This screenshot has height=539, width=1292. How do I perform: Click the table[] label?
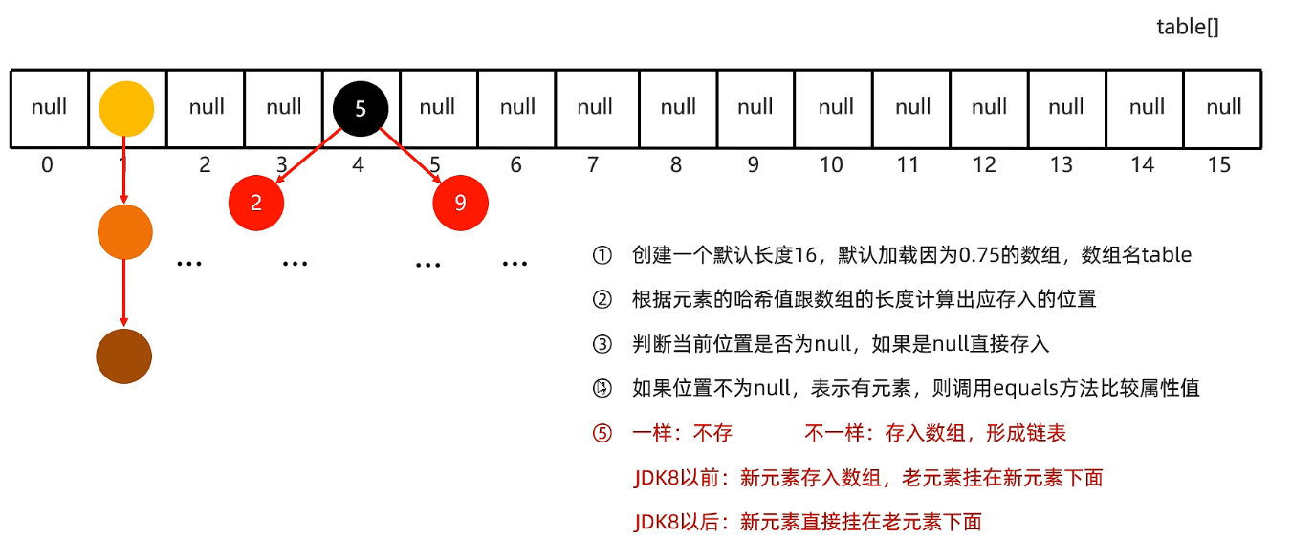point(1188,27)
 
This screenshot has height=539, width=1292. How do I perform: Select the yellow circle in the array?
point(126,109)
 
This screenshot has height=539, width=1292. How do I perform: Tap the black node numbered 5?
point(361,109)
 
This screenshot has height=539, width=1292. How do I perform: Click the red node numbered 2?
point(256,203)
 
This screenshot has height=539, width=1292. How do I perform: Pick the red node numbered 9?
point(460,203)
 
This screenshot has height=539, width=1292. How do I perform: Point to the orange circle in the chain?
point(125,231)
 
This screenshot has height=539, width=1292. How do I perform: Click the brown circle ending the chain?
point(124,356)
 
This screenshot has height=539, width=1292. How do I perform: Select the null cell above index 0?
point(50,109)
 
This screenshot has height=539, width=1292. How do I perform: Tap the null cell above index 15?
point(1223,109)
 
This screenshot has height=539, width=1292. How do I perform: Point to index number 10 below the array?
point(831,165)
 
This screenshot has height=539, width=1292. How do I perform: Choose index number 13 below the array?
point(1061,165)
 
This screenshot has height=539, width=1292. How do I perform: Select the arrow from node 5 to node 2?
point(309,156)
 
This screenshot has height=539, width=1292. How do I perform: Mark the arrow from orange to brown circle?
point(124,292)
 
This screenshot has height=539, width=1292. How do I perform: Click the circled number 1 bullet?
point(602,255)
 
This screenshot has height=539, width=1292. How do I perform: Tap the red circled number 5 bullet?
point(602,433)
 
